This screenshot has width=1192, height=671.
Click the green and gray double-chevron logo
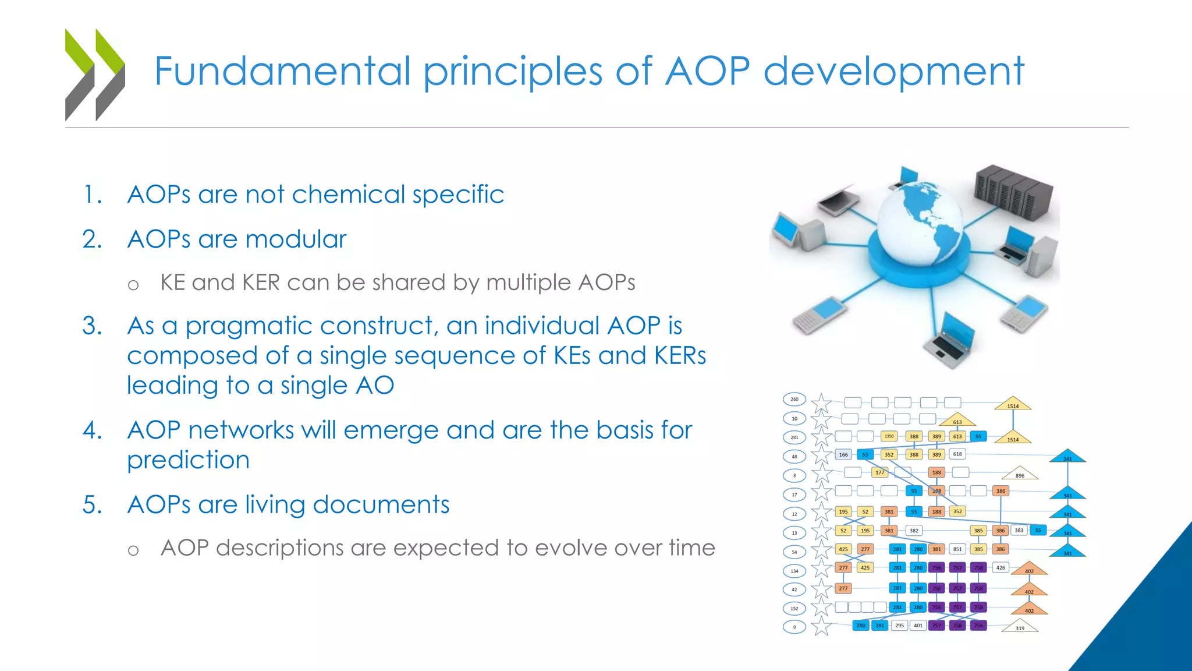95,75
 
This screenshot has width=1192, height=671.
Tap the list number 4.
93,430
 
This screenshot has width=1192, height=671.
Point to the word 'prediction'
188,460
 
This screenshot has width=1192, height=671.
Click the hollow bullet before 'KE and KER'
133,285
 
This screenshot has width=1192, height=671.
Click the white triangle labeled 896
1020,474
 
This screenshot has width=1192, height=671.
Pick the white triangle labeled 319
1020,627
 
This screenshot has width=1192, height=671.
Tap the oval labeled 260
794,400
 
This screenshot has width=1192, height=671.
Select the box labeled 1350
889,436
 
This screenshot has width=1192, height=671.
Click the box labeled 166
843,455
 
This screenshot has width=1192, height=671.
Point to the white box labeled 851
957,549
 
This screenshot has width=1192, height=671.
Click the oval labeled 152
794,609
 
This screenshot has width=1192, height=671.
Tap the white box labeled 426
1001,567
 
